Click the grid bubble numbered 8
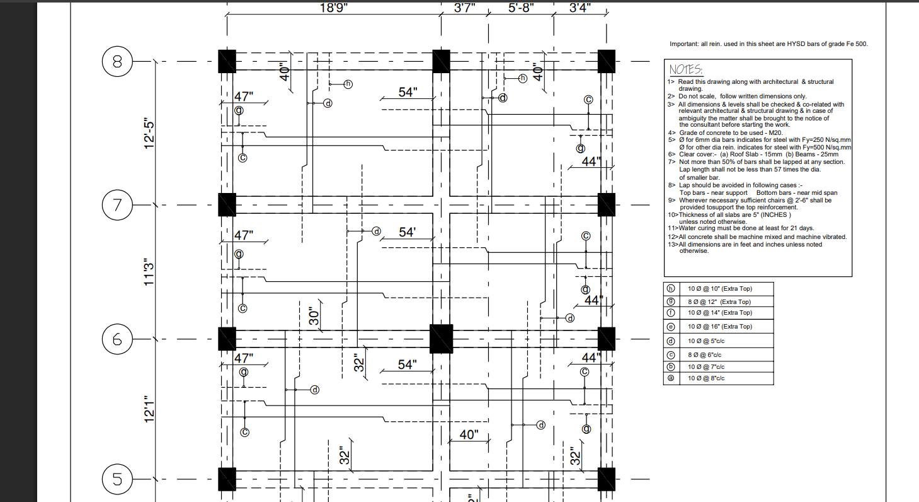click(117, 62)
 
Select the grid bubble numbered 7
click(117, 205)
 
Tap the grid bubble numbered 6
click(117, 339)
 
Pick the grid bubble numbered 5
click(117, 479)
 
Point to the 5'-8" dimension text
click(520, 8)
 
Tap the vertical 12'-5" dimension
click(149, 134)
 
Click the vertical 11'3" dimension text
click(149, 272)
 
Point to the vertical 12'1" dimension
click(149, 409)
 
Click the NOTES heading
click(686, 69)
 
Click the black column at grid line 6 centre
click(441, 339)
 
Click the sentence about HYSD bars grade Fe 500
click(769, 44)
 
